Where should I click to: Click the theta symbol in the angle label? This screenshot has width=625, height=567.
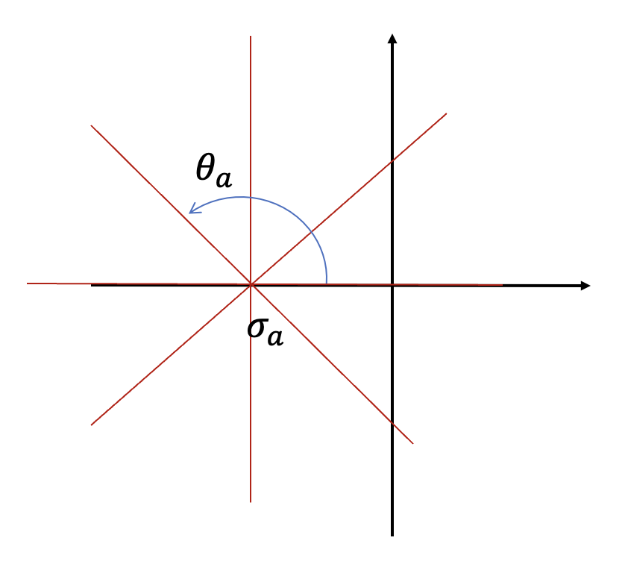(204, 169)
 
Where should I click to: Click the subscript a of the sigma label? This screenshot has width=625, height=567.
(275, 338)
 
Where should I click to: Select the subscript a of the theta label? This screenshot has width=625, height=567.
(223, 179)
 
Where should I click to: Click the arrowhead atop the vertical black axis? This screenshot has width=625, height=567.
(392, 38)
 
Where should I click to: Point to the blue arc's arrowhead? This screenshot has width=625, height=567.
(192, 212)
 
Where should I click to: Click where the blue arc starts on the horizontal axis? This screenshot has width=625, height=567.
(327, 284)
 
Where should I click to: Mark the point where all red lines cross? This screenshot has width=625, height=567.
(251, 284)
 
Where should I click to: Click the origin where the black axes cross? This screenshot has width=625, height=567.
(392, 285)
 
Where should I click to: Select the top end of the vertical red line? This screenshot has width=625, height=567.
(251, 36)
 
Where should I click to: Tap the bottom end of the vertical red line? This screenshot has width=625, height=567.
(251, 501)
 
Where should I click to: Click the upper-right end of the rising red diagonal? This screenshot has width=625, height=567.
(446, 113)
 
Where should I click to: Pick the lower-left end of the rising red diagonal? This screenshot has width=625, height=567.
(91, 425)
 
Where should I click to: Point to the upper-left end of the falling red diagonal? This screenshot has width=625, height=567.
(91, 125)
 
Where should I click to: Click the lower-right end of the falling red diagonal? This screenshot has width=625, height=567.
(412, 443)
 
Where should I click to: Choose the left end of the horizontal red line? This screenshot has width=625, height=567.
(28, 283)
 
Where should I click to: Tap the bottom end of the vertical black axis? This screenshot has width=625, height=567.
(392, 535)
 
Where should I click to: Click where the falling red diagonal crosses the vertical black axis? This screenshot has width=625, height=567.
(392, 424)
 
